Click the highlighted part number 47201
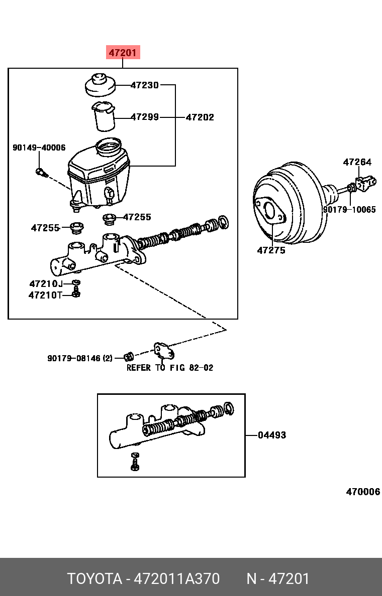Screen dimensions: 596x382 123,52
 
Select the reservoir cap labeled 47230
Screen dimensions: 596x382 100,85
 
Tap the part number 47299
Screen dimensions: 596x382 145,117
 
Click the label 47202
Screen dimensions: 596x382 200,117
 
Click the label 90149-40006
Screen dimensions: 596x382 39,147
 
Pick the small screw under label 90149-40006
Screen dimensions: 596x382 41,173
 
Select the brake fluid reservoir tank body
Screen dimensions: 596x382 99,176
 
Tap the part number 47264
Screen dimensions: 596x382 357,162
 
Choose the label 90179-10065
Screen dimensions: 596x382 349,210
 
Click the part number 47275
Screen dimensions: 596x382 271,250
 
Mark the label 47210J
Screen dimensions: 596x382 46,284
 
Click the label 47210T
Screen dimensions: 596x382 45,295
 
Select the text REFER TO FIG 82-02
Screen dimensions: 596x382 169,368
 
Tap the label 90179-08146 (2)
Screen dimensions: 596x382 80,358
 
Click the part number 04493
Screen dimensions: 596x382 271,435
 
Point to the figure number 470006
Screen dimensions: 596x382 362,492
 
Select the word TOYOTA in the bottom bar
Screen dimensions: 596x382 95,579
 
